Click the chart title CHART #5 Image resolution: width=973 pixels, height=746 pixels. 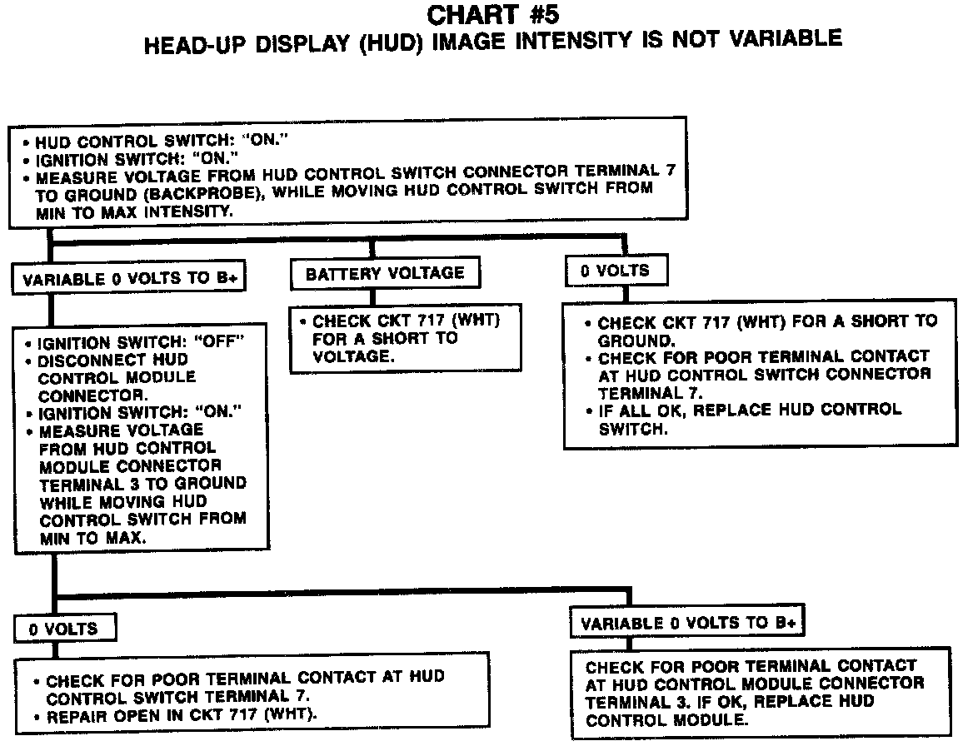(x=492, y=15)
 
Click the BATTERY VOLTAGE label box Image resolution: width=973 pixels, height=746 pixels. (x=384, y=273)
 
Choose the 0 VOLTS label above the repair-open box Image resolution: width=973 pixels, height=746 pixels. (x=63, y=629)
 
